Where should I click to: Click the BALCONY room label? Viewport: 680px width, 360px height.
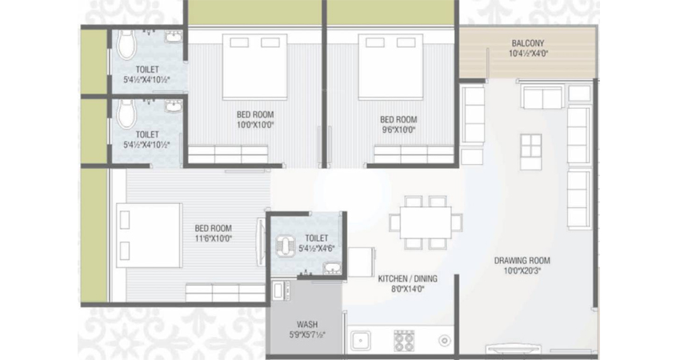[x=528, y=43]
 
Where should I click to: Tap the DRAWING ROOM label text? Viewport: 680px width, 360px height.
[x=522, y=261]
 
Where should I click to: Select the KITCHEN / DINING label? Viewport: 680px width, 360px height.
[x=408, y=278]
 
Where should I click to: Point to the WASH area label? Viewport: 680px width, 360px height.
[x=307, y=325]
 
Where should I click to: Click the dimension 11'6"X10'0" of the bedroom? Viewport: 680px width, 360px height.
[x=214, y=238]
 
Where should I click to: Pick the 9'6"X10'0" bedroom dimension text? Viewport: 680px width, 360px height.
[x=398, y=130]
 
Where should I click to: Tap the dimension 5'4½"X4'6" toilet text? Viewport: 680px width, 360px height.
[x=317, y=249]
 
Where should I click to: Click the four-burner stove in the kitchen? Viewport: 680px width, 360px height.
[x=404, y=341]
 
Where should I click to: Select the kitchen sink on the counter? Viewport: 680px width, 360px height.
[x=361, y=341]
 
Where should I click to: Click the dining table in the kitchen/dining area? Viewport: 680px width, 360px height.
[x=426, y=222]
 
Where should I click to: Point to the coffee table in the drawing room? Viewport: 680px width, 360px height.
[x=531, y=151]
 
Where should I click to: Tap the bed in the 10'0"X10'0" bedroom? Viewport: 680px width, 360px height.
[x=255, y=66]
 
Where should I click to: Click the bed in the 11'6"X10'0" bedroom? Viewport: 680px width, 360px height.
[x=149, y=235]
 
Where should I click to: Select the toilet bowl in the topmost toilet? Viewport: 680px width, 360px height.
[x=127, y=44]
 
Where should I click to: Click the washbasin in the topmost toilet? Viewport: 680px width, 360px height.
[x=174, y=37]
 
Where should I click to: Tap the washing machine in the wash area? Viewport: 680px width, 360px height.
[x=280, y=290]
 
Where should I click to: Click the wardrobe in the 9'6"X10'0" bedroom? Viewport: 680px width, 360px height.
[x=414, y=154]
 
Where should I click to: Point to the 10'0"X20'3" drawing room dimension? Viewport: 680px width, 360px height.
[x=522, y=271]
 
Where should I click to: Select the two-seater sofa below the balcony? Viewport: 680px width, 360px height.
[x=543, y=98]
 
